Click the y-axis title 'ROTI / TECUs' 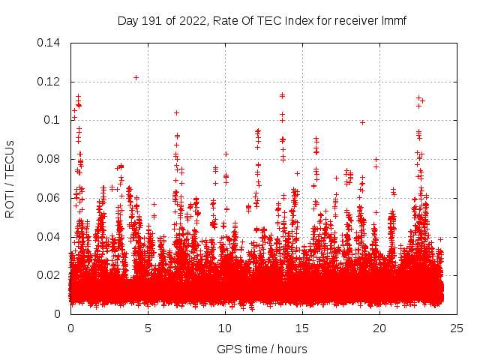[10, 178]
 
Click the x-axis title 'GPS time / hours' [262, 349]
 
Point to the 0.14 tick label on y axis [49, 43]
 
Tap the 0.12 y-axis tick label [49, 82]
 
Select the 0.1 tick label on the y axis [53, 120]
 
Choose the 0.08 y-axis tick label [49, 159]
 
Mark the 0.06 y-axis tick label [49, 198]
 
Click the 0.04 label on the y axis [49, 237]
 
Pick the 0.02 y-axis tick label [49, 275]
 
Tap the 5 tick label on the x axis [148, 328]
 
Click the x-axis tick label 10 [225, 328]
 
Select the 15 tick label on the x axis [302, 328]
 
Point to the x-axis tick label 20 [379, 328]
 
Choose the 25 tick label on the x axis [457, 328]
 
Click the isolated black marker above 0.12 [136, 77]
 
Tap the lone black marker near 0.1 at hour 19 [362, 122]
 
